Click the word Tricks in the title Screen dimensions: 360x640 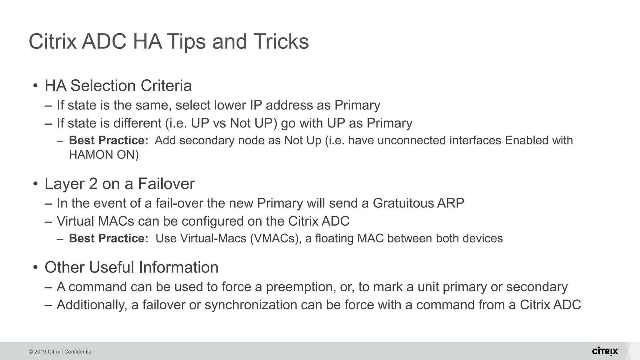(x=281, y=42)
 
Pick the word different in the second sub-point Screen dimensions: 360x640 (x=137, y=123)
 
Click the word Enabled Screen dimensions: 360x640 (x=527, y=141)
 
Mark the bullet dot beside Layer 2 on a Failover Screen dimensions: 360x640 (x=36, y=183)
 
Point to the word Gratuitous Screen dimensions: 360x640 (x=403, y=203)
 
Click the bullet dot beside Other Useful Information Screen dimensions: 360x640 (x=36, y=267)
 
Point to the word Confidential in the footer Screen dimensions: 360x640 (x=78, y=352)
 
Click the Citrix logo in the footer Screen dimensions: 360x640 (x=605, y=351)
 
